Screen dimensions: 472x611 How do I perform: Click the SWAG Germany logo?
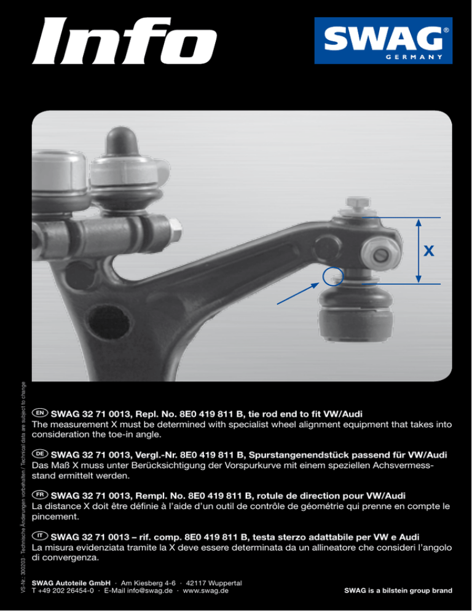(383, 41)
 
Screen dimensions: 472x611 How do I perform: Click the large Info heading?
(124, 41)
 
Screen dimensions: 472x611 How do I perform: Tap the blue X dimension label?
(429, 251)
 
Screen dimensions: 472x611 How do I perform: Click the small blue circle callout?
(333, 277)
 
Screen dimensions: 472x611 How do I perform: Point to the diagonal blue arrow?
(298, 293)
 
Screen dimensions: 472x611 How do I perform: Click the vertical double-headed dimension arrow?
(418, 251)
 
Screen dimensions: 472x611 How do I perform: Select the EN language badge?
(40, 413)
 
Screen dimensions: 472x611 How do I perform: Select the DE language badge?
(40, 454)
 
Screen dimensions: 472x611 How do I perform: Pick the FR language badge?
(40, 495)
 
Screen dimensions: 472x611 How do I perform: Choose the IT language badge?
(40, 536)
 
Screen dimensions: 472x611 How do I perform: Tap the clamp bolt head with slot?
(380, 254)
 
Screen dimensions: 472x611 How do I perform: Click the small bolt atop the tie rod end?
(358, 204)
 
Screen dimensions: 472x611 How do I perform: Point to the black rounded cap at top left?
(121, 141)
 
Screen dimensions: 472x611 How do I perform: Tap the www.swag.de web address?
(205, 591)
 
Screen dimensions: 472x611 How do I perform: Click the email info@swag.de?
(150, 591)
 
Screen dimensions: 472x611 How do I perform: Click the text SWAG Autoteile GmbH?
(71, 583)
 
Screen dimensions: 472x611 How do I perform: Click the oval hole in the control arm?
(108, 321)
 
